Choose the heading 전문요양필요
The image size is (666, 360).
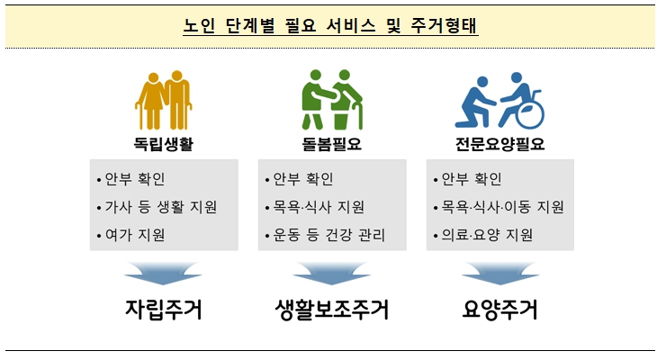coord(499,144)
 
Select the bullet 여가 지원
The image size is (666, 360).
coord(135,236)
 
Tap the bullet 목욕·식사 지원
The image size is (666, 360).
coord(315,207)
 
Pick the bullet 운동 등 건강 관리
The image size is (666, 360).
coord(325,236)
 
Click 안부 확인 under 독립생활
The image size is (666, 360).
coord(135,178)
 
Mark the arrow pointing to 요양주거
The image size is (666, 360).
coord(499,272)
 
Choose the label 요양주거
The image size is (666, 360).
coord(499,311)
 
